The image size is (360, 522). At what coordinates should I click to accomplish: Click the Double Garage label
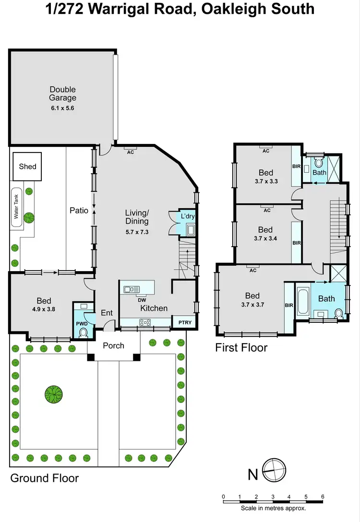[62, 94]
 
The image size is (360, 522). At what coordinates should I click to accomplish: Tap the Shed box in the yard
[27, 166]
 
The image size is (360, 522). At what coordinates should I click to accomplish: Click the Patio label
[79, 210]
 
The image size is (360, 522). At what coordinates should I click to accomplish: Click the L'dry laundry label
[188, 216]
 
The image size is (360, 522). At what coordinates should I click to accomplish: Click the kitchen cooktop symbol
[145, 322]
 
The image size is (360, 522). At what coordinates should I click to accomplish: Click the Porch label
[113, 345]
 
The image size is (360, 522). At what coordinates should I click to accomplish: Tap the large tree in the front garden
[53, 394]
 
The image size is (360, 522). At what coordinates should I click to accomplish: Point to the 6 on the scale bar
[323, 497]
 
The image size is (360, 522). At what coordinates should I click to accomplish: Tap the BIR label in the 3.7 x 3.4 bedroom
[296, 243]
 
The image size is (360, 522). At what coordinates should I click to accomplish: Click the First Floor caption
[241, 347]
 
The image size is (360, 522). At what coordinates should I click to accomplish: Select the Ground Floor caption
[44, 478]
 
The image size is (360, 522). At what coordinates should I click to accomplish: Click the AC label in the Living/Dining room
[130, 152]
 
